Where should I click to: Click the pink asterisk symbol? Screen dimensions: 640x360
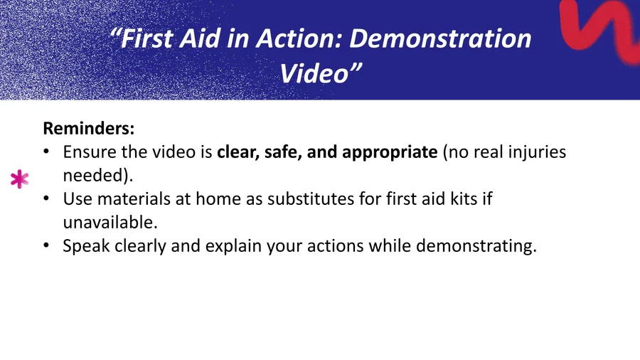(19, 179)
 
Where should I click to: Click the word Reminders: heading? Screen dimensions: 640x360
(89, 128)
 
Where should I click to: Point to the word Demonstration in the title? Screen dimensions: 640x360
(440, 38)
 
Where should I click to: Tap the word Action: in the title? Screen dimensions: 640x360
(299, 38)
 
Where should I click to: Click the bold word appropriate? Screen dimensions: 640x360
(390, 152)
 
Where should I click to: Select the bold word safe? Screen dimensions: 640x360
(283, 152)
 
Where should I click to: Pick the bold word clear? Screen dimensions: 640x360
(238, 152)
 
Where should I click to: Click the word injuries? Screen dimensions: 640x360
(537, 152)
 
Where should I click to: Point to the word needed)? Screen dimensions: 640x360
(98, 176)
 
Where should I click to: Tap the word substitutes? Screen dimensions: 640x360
(311, 198)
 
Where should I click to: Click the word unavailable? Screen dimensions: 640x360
(110, 223)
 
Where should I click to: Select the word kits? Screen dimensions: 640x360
(464, 198)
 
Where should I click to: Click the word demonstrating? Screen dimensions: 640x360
(476, 246)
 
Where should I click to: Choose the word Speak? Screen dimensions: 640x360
(86, 246)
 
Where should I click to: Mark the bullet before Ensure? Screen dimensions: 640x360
(46, 152)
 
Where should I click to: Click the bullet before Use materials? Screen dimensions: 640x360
(46, 198)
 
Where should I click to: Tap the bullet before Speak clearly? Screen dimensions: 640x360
(46, 245)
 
